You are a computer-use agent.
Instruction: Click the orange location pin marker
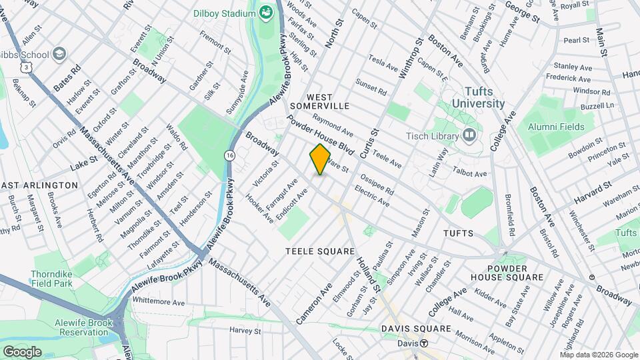[320, 159]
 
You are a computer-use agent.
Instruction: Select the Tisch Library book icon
[470, 136]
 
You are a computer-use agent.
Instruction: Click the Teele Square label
[320, 251]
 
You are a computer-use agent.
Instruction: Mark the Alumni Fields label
[556, 127]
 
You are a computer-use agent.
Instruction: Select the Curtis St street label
[367, 142]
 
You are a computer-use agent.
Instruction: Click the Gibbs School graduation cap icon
[59, 53]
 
